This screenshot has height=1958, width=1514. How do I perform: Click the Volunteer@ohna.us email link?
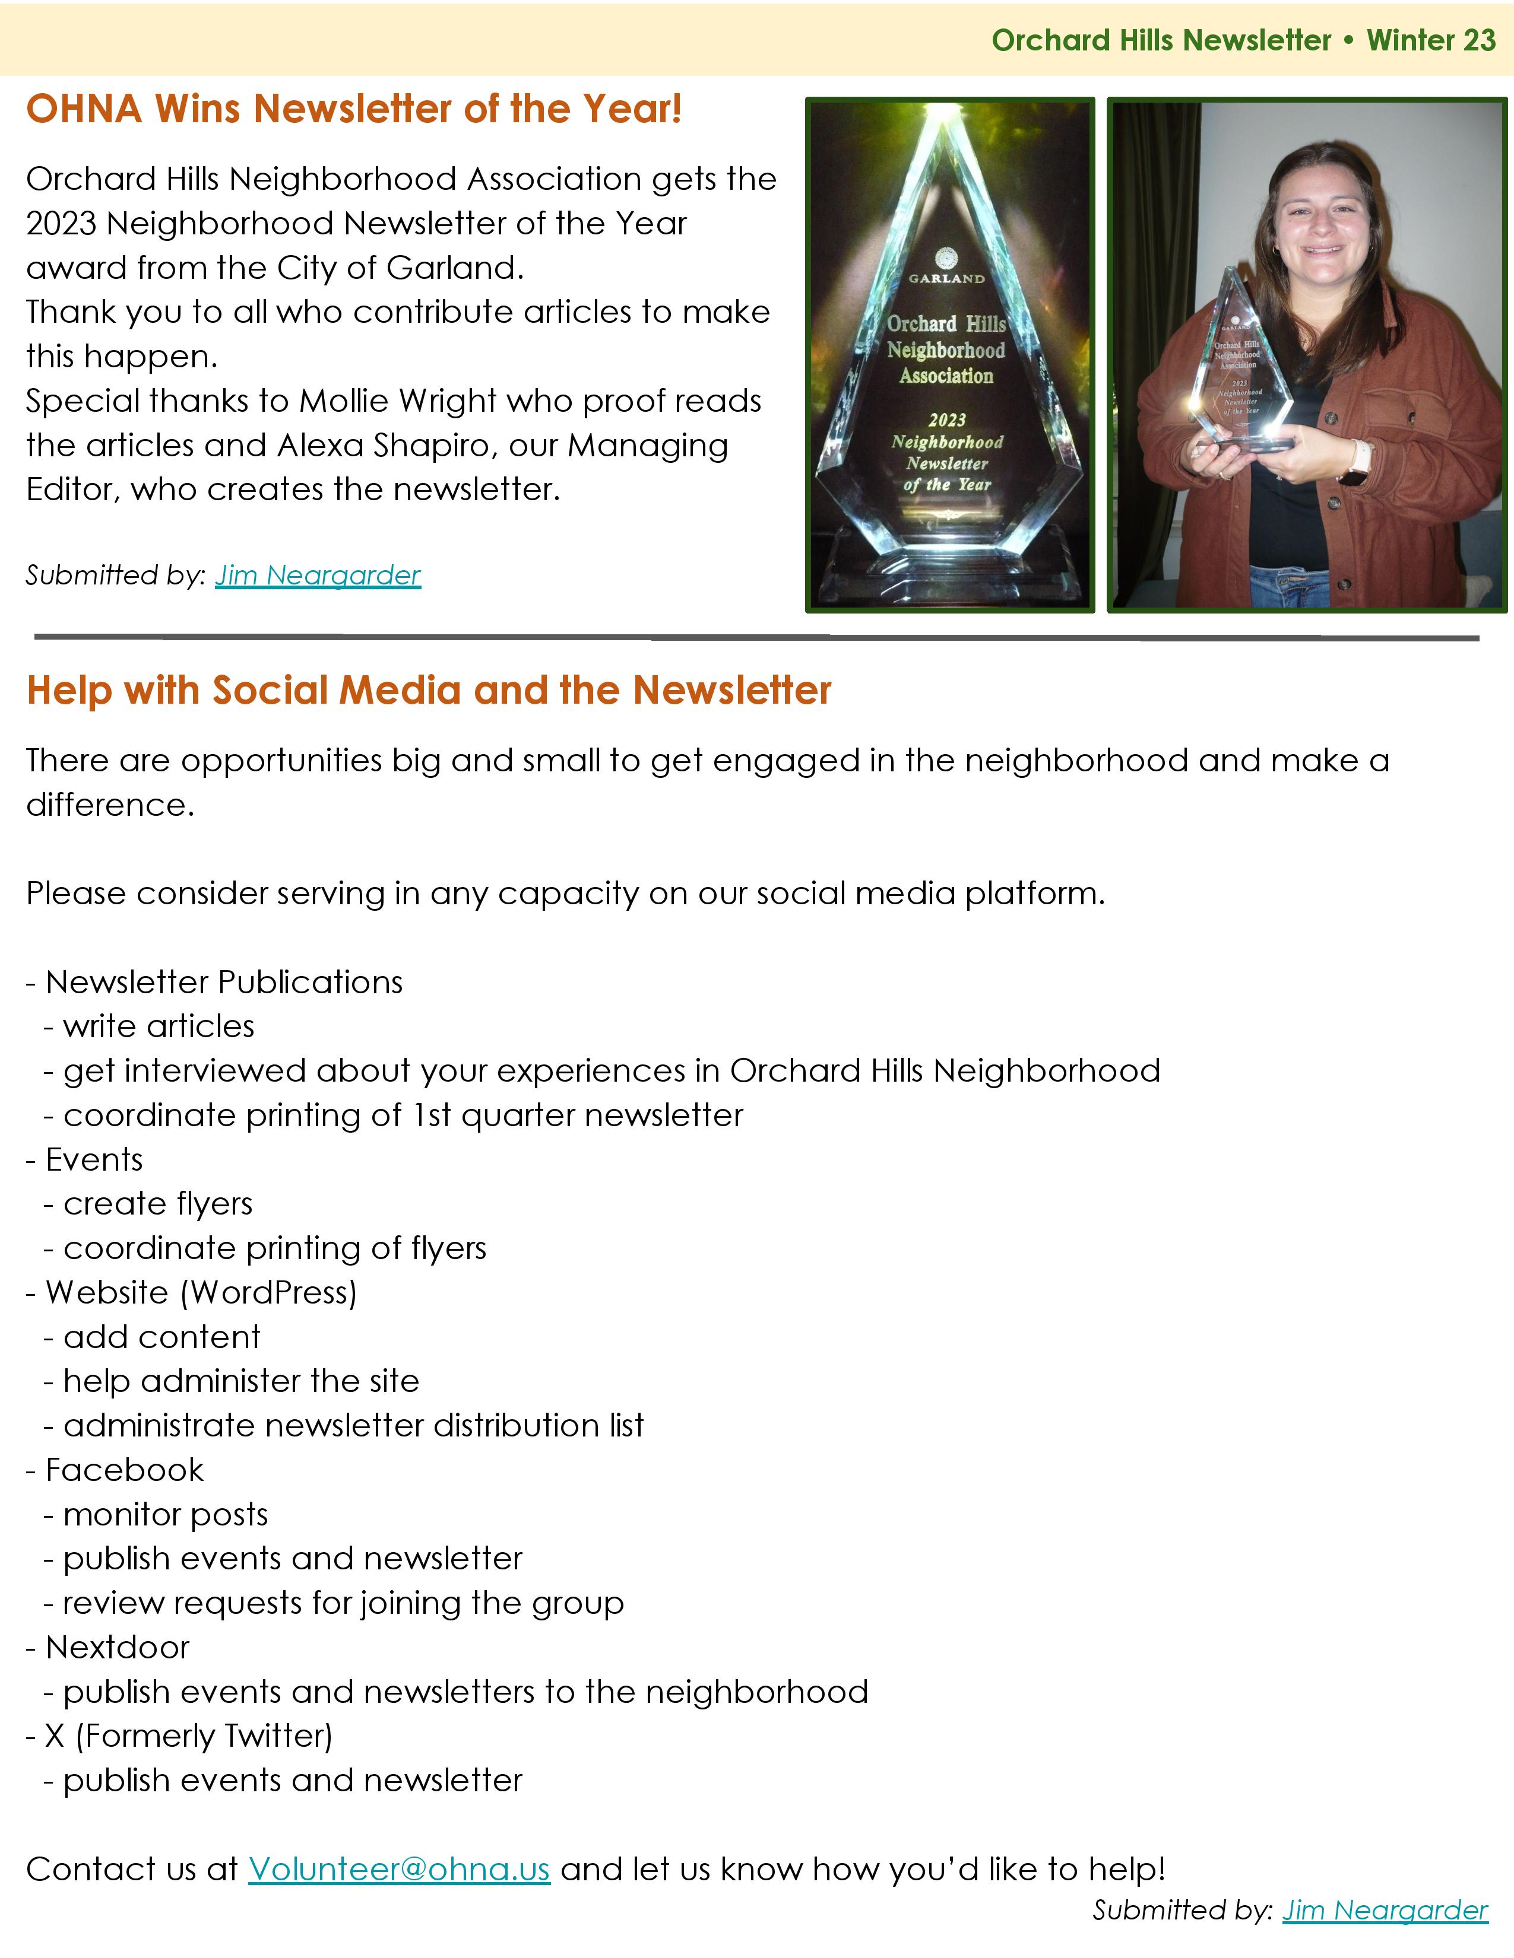point(398,1869)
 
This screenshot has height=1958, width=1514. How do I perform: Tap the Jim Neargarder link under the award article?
point(318,575)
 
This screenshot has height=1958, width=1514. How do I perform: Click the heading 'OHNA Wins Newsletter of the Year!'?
point(354,109)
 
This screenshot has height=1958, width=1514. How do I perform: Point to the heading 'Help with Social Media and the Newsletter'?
point(429,690)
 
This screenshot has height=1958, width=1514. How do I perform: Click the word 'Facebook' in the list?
point(125,1470)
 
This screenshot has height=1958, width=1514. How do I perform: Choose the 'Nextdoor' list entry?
point(118,1648)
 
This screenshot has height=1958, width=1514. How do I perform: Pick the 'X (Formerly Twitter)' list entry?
point(188,1737)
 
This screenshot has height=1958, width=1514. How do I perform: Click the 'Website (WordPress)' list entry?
point(201,1293)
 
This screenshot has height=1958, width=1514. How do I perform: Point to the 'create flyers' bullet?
point(158,1204)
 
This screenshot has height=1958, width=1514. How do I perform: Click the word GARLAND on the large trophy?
point(946,279)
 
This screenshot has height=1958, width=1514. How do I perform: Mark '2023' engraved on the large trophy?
point(947,419)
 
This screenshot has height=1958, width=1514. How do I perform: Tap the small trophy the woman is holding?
point(1242,368)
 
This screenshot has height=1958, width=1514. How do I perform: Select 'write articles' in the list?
point(159,1026)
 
